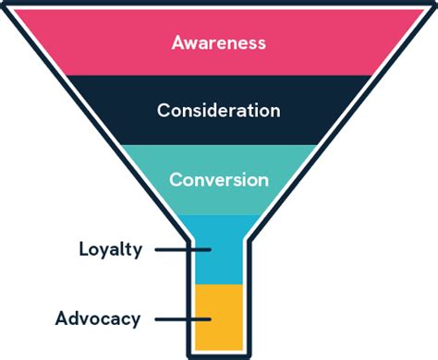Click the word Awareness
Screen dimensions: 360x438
pos(219,42)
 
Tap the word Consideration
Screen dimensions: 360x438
pos(219,111)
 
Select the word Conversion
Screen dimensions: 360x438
pos(219,179)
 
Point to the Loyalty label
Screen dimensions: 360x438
pos(110,249)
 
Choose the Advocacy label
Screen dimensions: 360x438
pos(97,319)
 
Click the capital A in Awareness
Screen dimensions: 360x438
pos(178,42)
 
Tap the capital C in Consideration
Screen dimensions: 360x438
pos(164,111)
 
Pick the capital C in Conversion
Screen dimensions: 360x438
pos(176,179)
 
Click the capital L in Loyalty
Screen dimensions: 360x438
pos(84,249)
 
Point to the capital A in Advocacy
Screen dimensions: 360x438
pos(60,319)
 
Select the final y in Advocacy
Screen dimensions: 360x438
pos(135,322)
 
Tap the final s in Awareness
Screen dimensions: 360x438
pos(262,43)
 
